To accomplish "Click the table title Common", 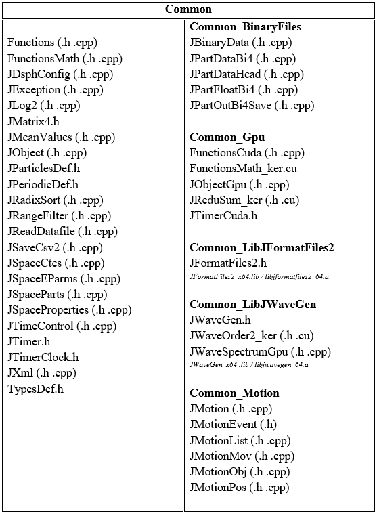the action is click(188, 9).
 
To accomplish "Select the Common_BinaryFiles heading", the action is click(245, 27).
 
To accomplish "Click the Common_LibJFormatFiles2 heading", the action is click(261, 247).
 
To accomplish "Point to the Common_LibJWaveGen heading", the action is click(253, 305).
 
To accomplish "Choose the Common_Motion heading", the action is click(234, 393).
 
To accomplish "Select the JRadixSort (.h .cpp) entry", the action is click(55, 200).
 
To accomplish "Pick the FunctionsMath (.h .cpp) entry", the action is click(60, 58).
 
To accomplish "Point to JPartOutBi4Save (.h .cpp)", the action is click(252, 106).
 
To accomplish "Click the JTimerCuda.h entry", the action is click(223, 216).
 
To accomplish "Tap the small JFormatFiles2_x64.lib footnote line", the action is click(248, 276).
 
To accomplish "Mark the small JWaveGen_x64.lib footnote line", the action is click(248, 364).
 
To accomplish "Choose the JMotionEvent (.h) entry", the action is click(233, 425).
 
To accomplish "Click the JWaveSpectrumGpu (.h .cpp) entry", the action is click(260, 351).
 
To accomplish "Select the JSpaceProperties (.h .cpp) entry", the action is click(69, 310).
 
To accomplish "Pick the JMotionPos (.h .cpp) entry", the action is click(239, 488).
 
